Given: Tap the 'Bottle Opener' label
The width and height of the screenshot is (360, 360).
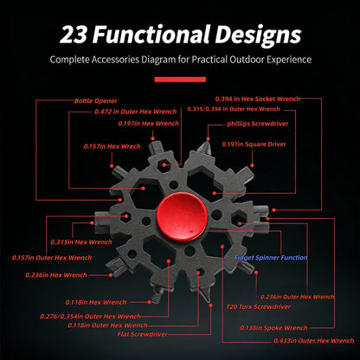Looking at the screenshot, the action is [x=96, y=101].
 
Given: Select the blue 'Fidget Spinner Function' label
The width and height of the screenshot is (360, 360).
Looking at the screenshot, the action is [x=271, y=258].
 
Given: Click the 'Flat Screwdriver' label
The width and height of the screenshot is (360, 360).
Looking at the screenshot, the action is [x=143, y=334].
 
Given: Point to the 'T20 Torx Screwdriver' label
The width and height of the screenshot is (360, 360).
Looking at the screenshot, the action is [x=259, y=306].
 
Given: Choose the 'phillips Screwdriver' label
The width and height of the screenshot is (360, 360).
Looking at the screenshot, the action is [x=258, y=124].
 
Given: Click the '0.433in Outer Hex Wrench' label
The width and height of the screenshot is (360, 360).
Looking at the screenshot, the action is [x=314, y=341].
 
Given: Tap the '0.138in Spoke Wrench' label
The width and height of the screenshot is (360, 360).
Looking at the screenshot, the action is [x=273, y=328].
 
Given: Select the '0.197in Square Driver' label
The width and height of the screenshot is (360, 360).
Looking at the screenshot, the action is [x=254, y=144].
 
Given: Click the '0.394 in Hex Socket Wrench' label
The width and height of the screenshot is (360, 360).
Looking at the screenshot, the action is [x=258, y=99].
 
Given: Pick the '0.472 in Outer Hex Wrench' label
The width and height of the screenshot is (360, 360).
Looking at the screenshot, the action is [x=136, y=112].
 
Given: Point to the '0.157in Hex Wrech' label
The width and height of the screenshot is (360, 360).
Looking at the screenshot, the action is [x=112, y=146].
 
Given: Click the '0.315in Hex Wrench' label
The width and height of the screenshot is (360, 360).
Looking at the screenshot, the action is [x=81, y=242].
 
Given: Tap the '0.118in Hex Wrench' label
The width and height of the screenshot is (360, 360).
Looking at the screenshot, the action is [x=96, y=302].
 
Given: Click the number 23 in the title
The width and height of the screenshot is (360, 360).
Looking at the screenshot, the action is [x=74, y=35].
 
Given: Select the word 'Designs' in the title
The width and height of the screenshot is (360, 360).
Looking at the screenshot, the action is [x=258, y=35].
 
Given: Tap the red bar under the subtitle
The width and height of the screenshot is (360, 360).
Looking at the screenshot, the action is [x=180, y=80].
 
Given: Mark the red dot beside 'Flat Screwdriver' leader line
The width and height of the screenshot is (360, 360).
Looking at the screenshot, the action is [x=210, y=305].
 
